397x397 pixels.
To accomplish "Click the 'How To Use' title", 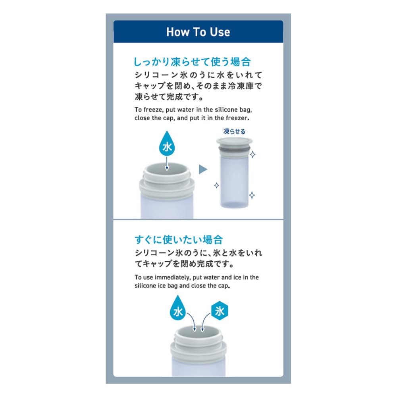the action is [x=198, y=32].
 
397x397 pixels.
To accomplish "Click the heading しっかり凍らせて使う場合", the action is [x=193, y=62].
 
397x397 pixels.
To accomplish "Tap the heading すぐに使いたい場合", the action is [x=179, y=239].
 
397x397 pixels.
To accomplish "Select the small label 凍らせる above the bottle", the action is [x=234, y=131].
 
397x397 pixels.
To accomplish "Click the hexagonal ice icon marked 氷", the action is [x=220, y=311].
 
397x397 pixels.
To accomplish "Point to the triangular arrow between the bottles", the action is [x=203, y=170].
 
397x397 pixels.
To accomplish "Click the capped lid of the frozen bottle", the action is [x=234, y=142].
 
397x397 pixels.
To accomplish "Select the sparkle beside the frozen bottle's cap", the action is [x=252, y=154].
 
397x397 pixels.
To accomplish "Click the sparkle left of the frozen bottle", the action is [x=216, y=185].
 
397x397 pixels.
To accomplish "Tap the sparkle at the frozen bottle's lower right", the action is [x=252, y=195].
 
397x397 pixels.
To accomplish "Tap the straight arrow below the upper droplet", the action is [x=167, y=163].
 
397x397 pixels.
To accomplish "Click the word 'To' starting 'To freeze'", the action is [x=138, y=110].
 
